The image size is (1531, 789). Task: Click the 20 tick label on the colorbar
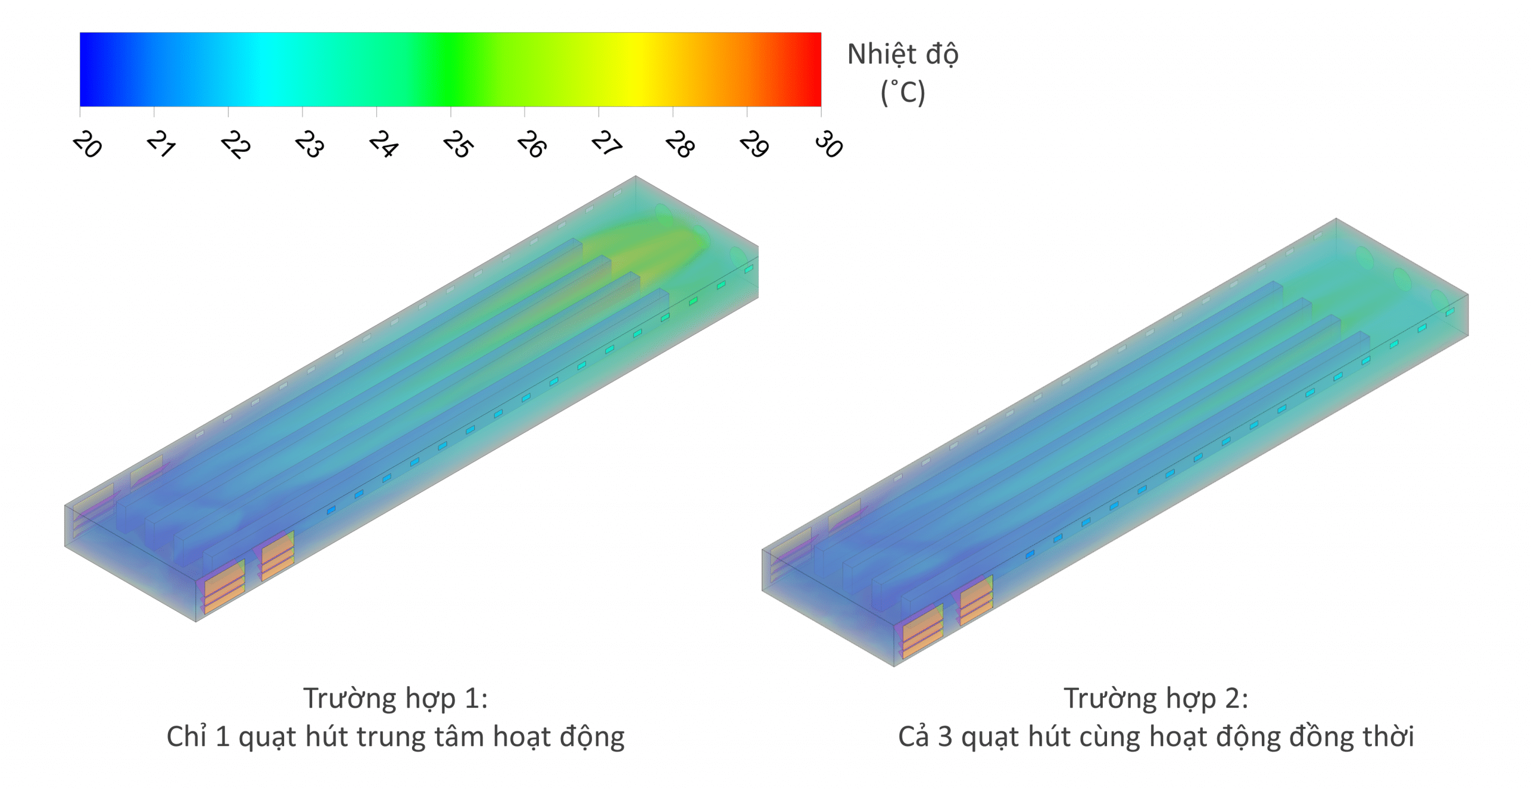(x=87, y=145)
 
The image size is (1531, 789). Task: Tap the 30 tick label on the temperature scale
(x=829, y=145)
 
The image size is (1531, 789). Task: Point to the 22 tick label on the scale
(x=236, y=145)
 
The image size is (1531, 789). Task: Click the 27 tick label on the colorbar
(x=606, y=145)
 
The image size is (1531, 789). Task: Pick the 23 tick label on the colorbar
(x=310, y=145)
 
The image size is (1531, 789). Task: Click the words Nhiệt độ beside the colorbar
(x=903, y=55)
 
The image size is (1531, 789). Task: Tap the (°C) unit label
(x=903, y=93)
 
